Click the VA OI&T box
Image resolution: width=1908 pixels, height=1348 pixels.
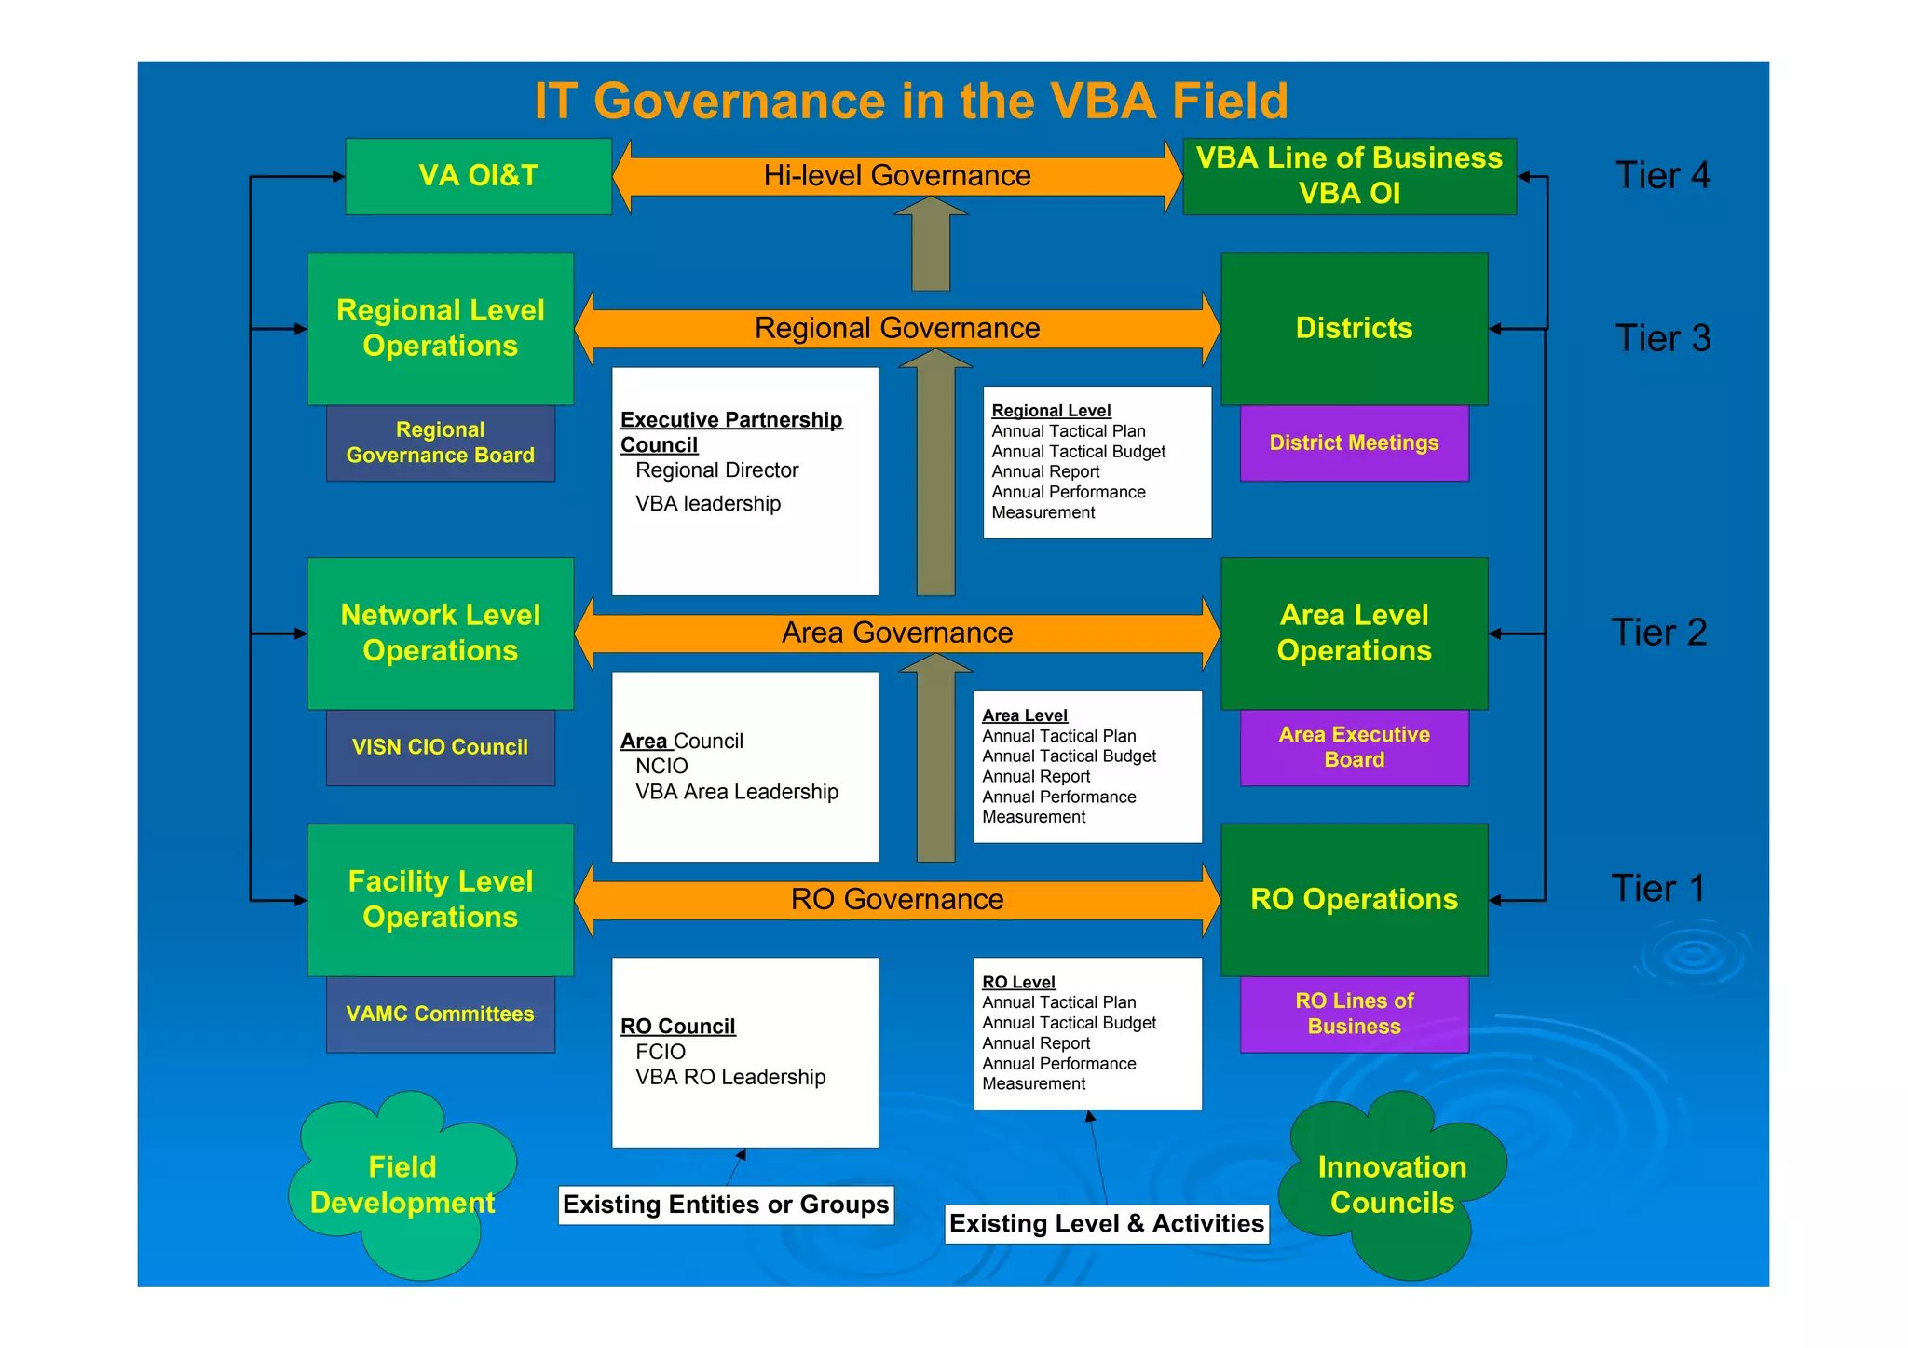coord(478,176)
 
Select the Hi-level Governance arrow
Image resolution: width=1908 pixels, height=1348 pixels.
coord(896,176)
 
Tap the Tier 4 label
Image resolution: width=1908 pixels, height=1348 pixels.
coord(1661,175)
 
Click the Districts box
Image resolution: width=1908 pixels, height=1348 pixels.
coord(1354,328)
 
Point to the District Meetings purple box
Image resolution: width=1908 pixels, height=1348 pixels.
coord(1354,443)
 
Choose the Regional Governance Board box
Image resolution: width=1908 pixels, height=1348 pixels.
coord(440,443)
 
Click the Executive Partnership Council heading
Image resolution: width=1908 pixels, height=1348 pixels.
coord(730,431)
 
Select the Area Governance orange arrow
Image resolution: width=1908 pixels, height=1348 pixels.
coord(896,633)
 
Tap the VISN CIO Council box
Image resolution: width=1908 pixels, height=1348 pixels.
coord(440,747)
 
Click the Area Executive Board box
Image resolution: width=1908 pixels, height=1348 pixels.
coord(1354,747)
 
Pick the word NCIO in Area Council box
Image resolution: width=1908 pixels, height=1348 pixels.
coord(661,767)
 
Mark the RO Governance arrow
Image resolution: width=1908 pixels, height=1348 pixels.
coord(896,900)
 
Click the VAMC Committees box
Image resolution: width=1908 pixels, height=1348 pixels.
coord(440,1014)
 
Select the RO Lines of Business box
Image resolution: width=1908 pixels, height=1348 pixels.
coord(1354,1014)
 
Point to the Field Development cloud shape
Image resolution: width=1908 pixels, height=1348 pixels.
coord(402,1185)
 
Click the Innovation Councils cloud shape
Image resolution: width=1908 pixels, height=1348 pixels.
coord(1391,1185)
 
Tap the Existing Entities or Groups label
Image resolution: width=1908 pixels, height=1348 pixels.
coord(726,1205)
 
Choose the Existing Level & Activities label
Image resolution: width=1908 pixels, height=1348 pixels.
coord(1106,1224)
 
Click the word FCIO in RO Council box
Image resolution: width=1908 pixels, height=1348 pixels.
coord(661,1052)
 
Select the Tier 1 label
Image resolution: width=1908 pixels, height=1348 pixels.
coord(1657,889)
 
